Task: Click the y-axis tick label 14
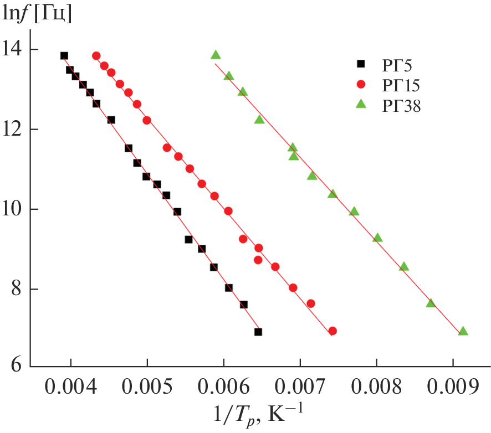point(13,49)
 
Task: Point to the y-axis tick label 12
point(13,129)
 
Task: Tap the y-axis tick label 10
point(13,209)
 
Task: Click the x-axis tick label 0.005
point(147,386)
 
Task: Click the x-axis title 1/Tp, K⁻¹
point(261,414)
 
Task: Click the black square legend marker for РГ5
point(361,64)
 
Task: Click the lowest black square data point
point(258,332)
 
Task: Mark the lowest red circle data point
point(333,331)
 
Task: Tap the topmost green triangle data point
point(216,55)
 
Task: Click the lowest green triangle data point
point(463,331)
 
